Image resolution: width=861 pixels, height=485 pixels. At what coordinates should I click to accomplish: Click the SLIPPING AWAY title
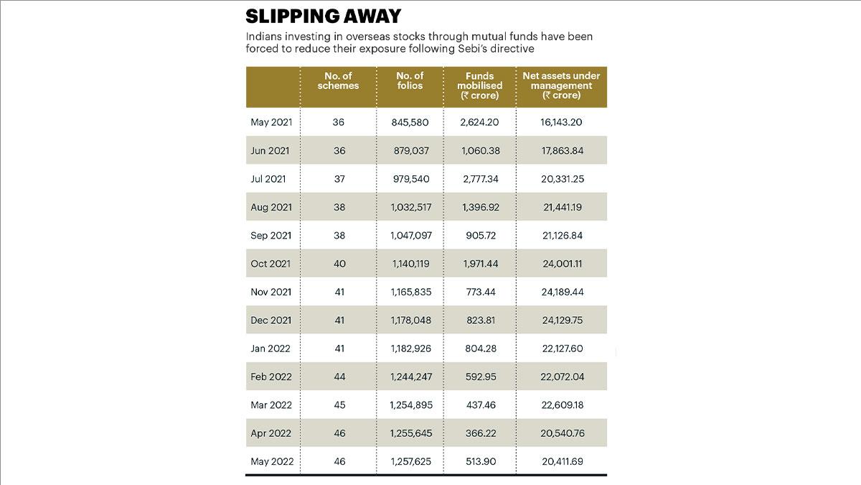tap(324, 17)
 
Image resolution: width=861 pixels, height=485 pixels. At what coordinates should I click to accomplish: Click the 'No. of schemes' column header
tap(338, 80)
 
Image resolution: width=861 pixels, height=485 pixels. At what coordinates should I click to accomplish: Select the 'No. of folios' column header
tap(410, 80)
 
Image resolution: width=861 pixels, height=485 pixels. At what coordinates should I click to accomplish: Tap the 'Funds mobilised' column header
tap(480, 86)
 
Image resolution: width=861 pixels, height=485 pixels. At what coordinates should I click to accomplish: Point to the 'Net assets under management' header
tap(561, 86)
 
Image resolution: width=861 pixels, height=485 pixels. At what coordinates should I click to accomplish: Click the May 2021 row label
tap(271, 122)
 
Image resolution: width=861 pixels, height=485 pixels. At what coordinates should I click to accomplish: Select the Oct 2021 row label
tap(270, 264)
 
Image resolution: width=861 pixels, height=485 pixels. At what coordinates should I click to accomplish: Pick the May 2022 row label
tap(272, 461)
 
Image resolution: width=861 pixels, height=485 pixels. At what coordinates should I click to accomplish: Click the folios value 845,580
tap(410, 122)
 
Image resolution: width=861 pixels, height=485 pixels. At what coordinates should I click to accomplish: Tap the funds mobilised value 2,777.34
tap(481, 179)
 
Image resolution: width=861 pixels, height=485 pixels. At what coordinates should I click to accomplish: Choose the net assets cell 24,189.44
tap(563, 292)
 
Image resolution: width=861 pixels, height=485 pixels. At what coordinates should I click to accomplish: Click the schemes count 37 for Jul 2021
tap(339, 179)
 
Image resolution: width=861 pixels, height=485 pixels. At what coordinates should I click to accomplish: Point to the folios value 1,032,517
tap(411, 207)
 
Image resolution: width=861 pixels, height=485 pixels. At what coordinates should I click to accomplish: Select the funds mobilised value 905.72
tap(481, 236)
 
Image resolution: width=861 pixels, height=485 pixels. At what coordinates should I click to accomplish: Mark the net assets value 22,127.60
tap(563, 348)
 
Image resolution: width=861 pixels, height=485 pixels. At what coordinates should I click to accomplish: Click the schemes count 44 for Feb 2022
tap(339, 377)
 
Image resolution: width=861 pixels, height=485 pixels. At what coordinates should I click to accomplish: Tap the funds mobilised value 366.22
tap(481, 433)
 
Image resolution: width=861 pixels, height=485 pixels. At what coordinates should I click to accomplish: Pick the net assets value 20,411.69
tap(563, 461)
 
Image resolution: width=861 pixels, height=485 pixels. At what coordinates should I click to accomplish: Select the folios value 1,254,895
tap(411, 405)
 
